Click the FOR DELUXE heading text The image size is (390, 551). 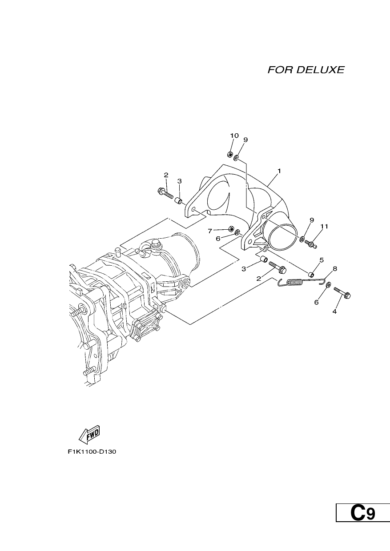coord(306,70)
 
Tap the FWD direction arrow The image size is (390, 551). coord(89,441)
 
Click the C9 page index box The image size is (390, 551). coord(363,532)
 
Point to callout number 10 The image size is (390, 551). coord(234,136)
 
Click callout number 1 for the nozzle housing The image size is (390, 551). coord(279,171)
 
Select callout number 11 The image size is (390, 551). coord(324,226)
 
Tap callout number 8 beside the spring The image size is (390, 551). coord(335,269)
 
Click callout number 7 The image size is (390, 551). coord(210,231)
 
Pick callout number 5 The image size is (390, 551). coord(322,260)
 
